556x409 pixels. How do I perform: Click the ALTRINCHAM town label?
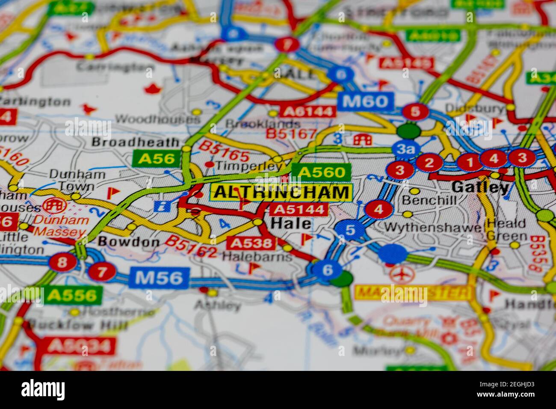(281, 193)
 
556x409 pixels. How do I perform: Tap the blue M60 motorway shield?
(364, 101)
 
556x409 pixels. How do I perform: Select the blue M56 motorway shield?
(159, 278)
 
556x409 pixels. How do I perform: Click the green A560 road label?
(321, 172)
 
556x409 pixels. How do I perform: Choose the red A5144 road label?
(299, 209)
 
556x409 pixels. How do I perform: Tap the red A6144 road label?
(307, 112)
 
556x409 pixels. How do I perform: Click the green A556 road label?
(72, 295)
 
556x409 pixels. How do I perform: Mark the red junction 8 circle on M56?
(62, 262)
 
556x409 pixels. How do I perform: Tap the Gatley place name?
(480, 187)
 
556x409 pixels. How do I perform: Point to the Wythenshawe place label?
(433, 227)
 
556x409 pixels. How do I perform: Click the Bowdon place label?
(123, 242)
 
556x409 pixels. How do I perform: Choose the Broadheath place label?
(135, 142)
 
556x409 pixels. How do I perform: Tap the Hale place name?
(291, 223)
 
